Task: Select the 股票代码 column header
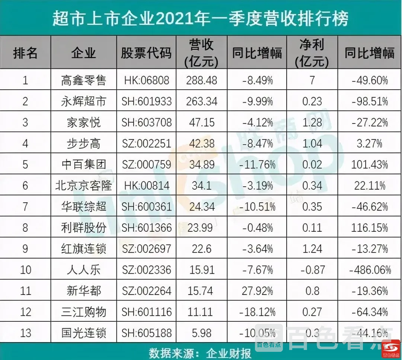pos(146,53)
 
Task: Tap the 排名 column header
pos(25,53)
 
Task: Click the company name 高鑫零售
pos(83,80)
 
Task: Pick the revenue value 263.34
pos(202,101)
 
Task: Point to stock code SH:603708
pos(146,122)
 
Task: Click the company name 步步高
pos(83,144)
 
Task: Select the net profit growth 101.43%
pos(370,164)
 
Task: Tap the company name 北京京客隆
pos(83,185)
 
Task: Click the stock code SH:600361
pos(146,206)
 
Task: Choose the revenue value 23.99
pos(202,227)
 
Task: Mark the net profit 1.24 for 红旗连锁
pos(312,248)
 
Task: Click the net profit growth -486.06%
pos(370,269)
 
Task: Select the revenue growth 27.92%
pos(257,290)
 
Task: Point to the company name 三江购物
pos(83,311)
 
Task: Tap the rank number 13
pos(25,332)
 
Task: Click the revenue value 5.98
pos(202,332)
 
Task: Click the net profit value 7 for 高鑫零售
pos(312,80)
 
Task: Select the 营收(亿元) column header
pos(201,53)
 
